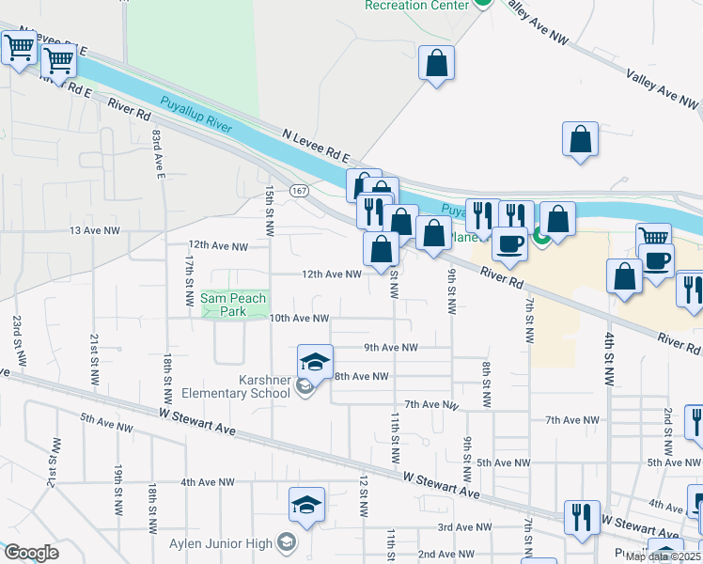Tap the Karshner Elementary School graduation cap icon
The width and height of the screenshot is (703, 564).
(316, 360)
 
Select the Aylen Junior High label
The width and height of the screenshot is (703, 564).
(221, 543)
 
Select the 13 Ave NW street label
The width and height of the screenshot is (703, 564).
(95, 230)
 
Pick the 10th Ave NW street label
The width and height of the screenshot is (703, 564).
(299, 319)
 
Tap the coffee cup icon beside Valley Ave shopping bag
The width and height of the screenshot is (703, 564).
(656, 260)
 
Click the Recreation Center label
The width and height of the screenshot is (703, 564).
(416, 6)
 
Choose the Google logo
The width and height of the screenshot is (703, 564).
(30, 553)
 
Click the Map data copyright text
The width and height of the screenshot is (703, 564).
(663, 556)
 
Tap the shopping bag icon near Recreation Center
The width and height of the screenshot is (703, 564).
(437, 63)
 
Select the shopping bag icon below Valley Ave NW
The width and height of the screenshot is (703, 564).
(581, 139)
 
